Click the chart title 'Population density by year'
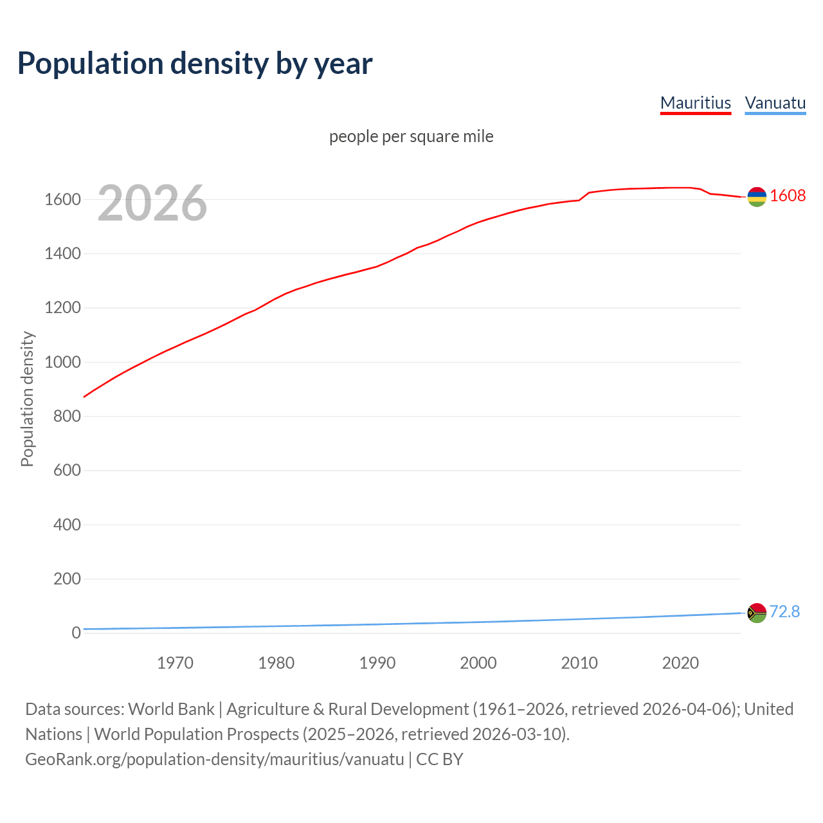[195, 63]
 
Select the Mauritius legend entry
[696, 103]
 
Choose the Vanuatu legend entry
[775, 103]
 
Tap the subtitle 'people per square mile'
[411, 136]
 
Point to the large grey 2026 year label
[152, 203]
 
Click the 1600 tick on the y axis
[62, 199]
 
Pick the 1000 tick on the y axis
[62, 362]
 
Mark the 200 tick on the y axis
[67, 579]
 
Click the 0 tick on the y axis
[76, 633]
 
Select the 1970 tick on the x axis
[175, 663]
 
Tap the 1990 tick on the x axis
[377, 663]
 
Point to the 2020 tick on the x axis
[680, 663]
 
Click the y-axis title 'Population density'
[27, 399]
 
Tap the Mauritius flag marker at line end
[757, 197]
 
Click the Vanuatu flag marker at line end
[757, 613]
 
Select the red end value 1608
[788, 195]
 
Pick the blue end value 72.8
[784, 611]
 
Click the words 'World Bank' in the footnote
[171, 709]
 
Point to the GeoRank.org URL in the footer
[215, 759]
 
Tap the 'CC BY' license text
[440, 759]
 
